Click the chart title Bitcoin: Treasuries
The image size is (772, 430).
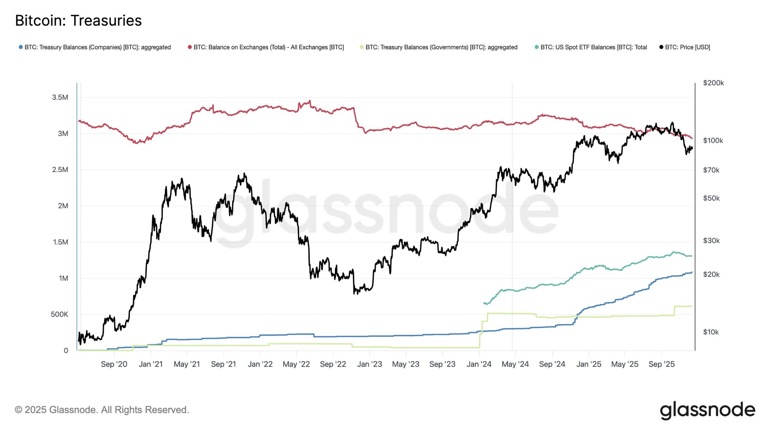(78, 21)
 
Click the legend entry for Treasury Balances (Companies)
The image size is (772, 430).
(97, 47)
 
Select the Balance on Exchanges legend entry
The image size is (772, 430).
(268, 47)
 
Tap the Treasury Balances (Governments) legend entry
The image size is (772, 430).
(441, 47)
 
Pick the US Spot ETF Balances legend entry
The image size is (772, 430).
(593, 47)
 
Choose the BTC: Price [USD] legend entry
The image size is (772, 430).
(687, 47)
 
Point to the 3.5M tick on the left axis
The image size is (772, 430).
(60, 98)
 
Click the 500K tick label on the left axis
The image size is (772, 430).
(60, 314)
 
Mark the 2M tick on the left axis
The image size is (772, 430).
(63, 206)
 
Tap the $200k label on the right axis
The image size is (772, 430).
(713, 83)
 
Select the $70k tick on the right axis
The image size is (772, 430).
(711, 170)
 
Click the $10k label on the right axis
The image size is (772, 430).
(711, 332)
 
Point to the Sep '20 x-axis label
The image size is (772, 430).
(114, 364)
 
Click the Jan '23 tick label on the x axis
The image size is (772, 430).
(369, 364)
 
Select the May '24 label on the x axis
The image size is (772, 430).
(515, 364)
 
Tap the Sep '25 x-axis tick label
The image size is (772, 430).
(662, 364)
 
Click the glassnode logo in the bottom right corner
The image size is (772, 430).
(708, 410)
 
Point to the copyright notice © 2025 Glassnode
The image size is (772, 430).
(102, 410)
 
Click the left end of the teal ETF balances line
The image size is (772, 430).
(484, 303)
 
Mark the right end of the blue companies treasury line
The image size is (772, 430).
(692, 272)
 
